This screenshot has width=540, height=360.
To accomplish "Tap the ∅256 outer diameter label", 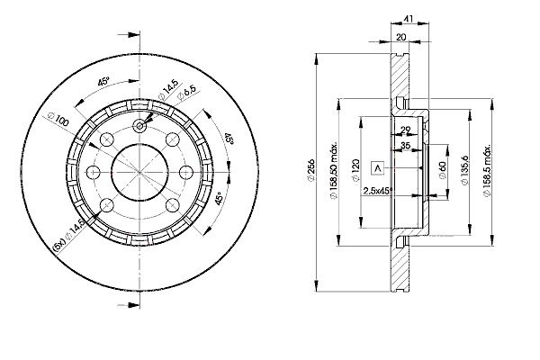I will click(x=309, y=171).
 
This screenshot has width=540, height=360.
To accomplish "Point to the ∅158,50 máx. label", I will click(x=334, y=171).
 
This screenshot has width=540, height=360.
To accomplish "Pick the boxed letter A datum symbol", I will click(x=377, y=168).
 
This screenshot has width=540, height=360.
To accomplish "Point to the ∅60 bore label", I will click(x=443, y=170).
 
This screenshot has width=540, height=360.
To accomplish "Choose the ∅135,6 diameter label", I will click(x=464, y=170).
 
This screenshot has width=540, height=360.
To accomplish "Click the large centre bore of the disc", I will click(x=139, y=170).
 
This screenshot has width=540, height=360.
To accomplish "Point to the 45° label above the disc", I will click(x=104, y=82).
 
